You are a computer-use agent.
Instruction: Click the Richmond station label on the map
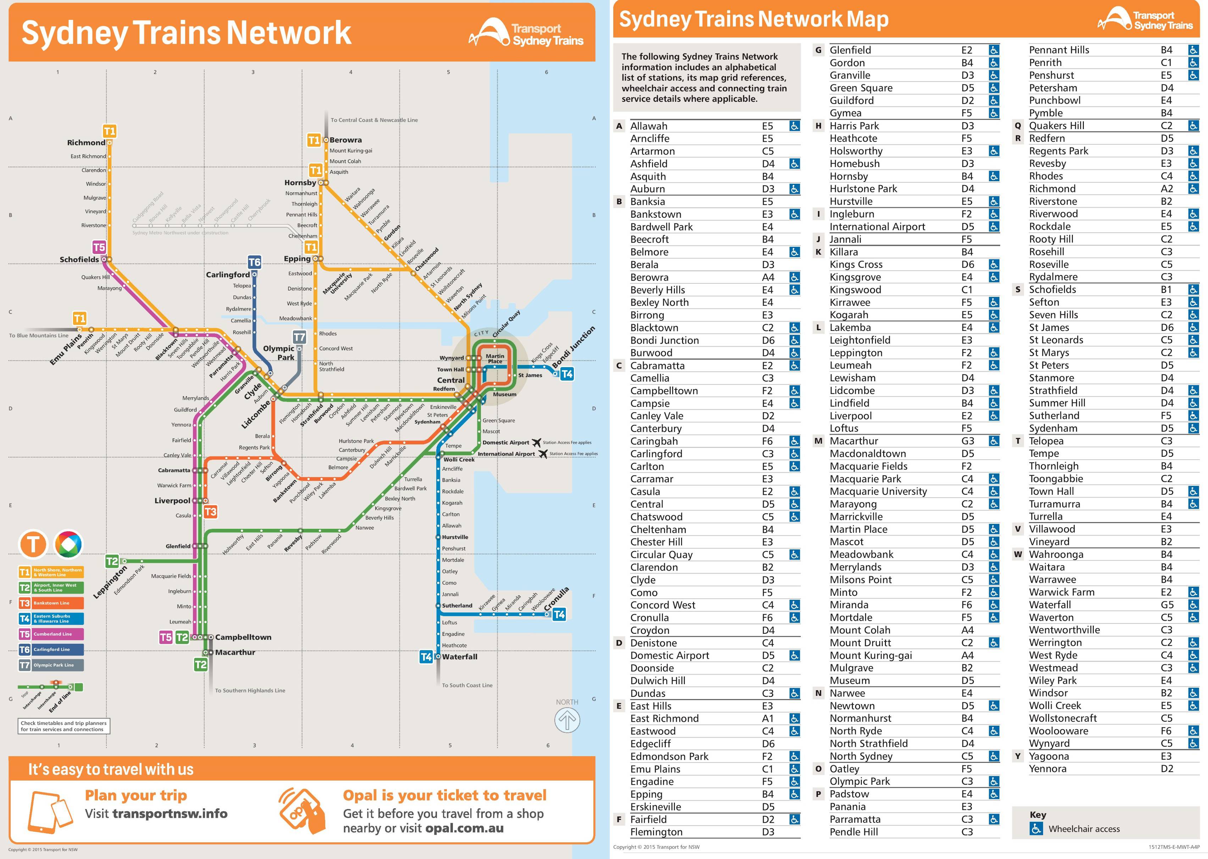click(x=86, y=143)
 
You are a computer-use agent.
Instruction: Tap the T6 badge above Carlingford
click(x=254, y=262)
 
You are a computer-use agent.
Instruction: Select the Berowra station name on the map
click(x=345, y=140)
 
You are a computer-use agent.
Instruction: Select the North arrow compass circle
click(x=567, y=720)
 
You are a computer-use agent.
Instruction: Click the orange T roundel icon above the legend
click(x=33, y=544)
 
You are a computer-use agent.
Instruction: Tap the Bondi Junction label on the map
click(x=573, y=348)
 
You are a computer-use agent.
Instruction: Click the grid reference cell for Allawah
click(x=768, y=126)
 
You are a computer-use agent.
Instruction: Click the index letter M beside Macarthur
click(x=818, y=441)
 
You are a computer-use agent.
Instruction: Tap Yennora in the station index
click(x=1047, y=769)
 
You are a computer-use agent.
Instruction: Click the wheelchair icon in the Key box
click(x=1036, y=829)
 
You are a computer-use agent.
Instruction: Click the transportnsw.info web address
click(x=170, y=814)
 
